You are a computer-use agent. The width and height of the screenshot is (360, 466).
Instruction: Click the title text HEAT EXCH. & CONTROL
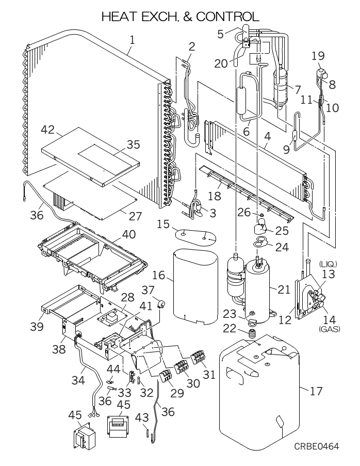click(x=180, y=17)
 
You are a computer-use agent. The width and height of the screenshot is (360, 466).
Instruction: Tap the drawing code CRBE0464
click(x=317, y=446)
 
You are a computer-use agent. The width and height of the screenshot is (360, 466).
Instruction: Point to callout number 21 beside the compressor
click(x=284, y=289)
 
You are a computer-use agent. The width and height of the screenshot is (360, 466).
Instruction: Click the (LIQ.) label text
click(x=328, y=264)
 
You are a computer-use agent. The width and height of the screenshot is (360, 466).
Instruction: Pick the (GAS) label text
click(x=329, y=328)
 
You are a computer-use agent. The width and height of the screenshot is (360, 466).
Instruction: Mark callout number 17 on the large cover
click(x=316, y=391)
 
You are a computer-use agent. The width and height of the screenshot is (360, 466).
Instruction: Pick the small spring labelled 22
click(x=253, y=334)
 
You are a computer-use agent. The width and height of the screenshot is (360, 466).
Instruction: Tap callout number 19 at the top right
click(x=318, y=55)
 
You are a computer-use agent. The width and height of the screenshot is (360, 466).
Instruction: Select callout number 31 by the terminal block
click(x=209, y=374)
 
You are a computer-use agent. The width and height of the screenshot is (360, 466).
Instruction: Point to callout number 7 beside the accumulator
click(x=297, y=89)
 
